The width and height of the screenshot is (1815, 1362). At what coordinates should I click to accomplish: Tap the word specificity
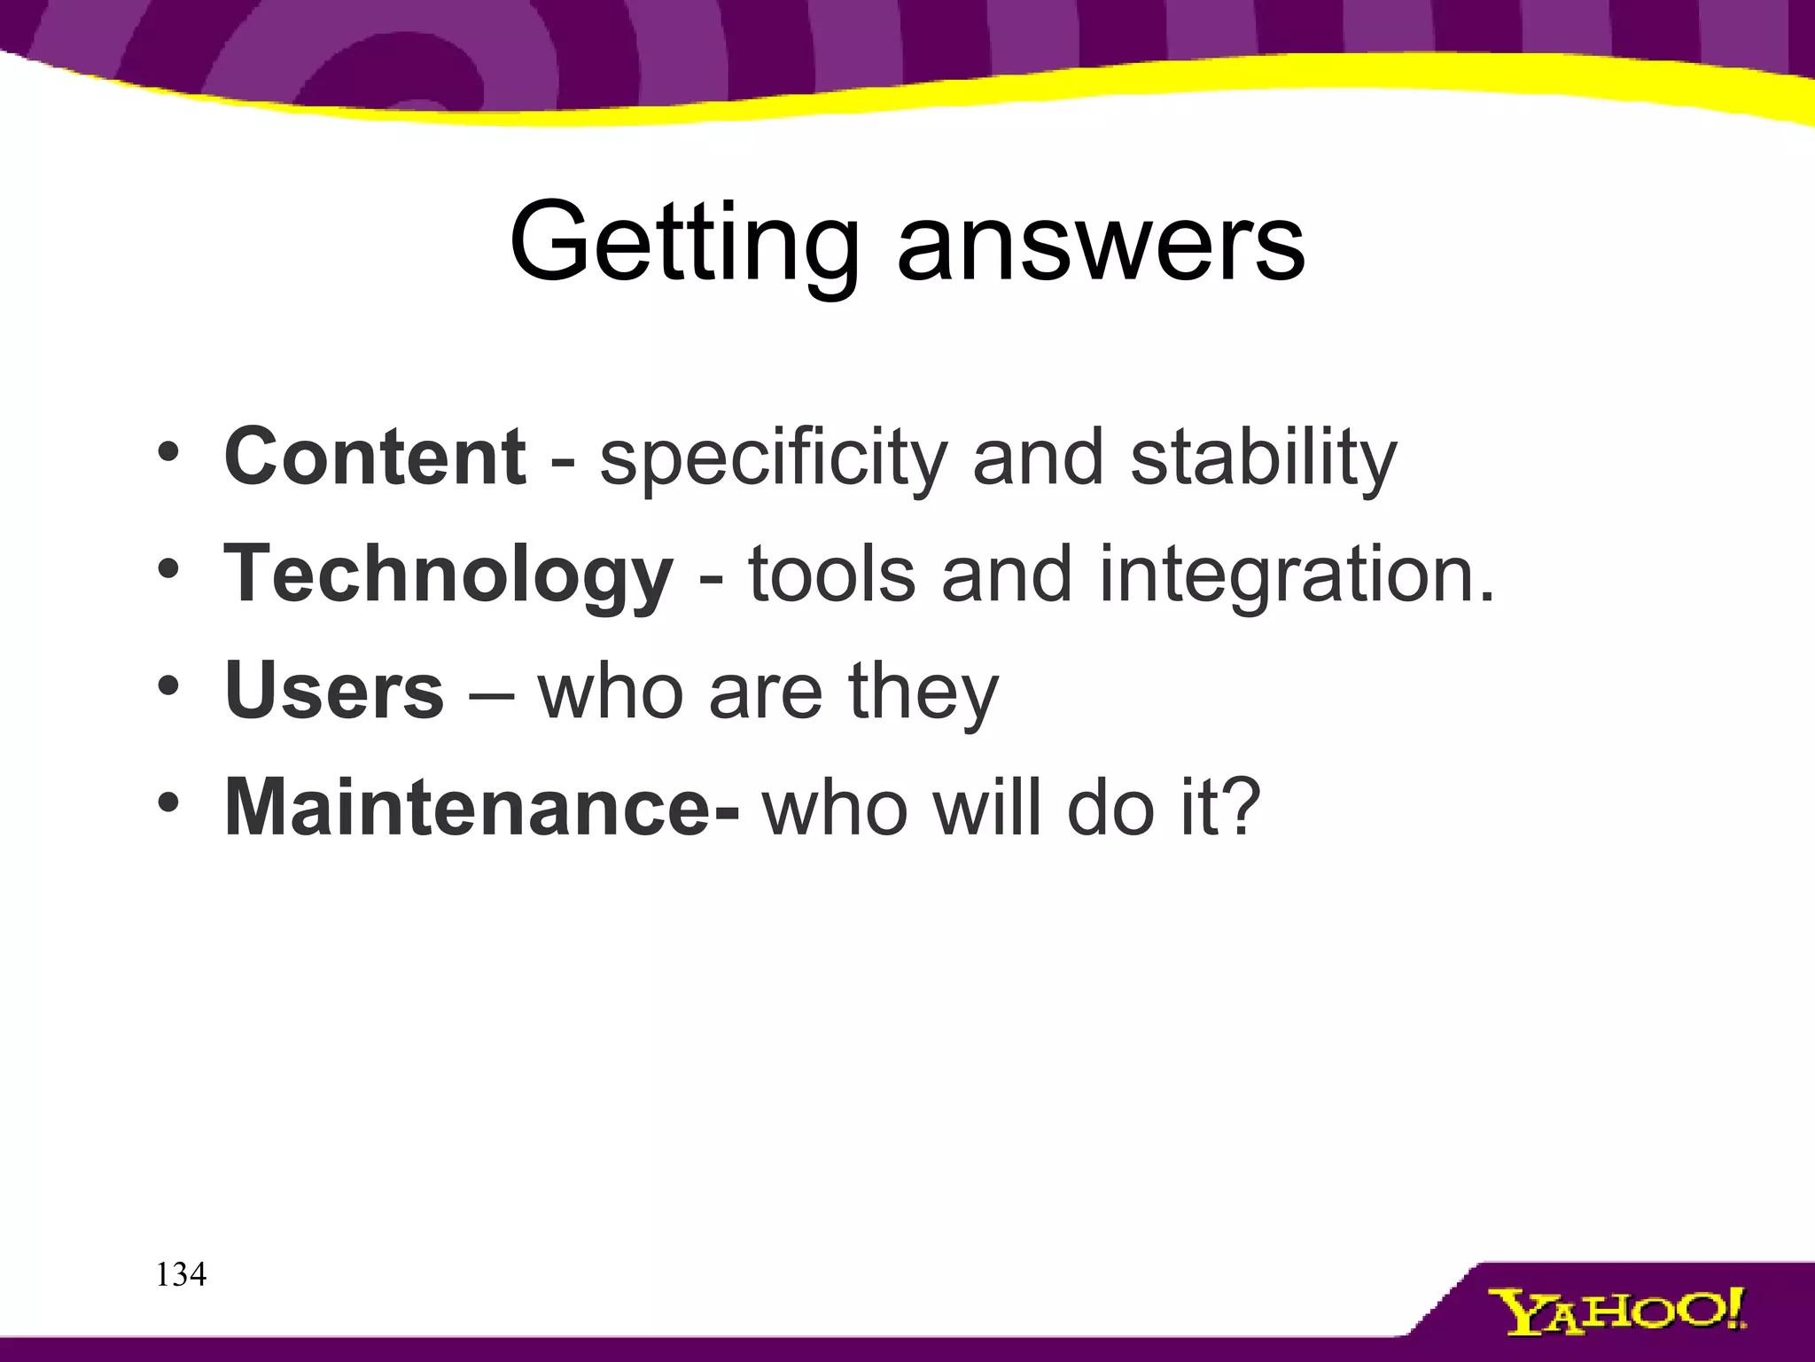pos(774,459)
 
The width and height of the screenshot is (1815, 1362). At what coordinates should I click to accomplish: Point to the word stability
pos(1264,459)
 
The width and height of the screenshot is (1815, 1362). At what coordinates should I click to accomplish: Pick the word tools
pos(831,575)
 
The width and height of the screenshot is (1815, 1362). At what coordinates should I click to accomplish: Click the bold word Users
pos(334,692)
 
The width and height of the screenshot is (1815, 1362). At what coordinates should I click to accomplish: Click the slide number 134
pos(181,1275)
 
